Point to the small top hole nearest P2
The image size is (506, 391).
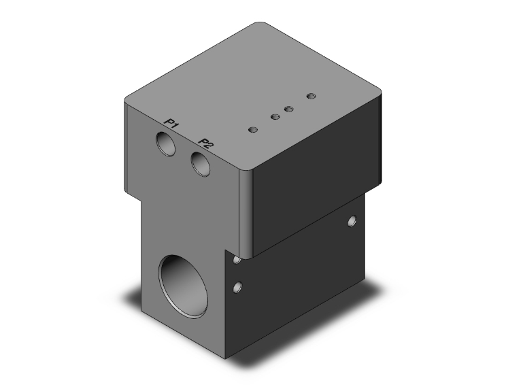pos(254,129)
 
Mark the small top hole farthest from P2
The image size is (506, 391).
pos(311,96)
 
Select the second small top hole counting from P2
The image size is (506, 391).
pos(275,117)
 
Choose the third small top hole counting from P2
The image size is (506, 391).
pos(288,109)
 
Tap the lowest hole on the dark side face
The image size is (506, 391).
pos(237,288)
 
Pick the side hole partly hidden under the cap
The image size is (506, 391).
pos(236,260)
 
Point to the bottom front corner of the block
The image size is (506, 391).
pos(229,359)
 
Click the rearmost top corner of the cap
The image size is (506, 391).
pos(262,24)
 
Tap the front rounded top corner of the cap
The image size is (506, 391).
pos(246,171)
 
